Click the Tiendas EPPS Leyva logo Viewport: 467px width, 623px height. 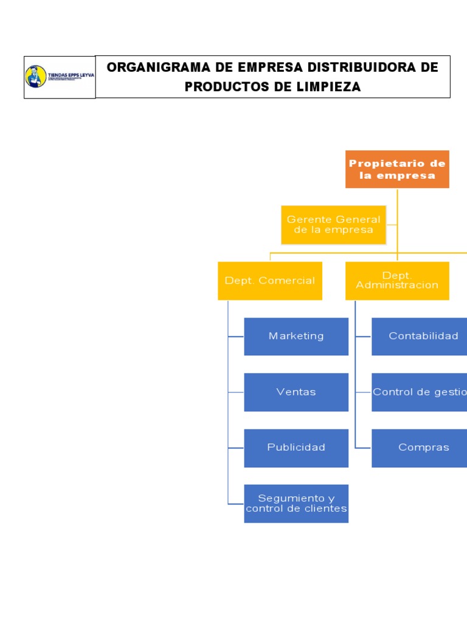(59, 77)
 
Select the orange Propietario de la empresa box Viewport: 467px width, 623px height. (397, 169)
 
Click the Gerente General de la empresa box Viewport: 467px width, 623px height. (333, 224)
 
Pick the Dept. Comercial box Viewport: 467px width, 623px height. (269, 280)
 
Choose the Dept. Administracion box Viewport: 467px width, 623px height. (397, 280)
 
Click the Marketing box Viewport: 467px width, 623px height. (296, 336)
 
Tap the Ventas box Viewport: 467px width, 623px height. (296, 392)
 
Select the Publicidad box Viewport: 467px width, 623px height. (296, 448)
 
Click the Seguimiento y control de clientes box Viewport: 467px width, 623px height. (296, 503)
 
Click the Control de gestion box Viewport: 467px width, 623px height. (420, 392)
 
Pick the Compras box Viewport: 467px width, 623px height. (420, 448)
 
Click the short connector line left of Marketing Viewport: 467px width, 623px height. (236, 336)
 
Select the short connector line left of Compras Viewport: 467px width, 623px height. (363, 448)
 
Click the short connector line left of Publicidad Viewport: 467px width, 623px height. (236, 448)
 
